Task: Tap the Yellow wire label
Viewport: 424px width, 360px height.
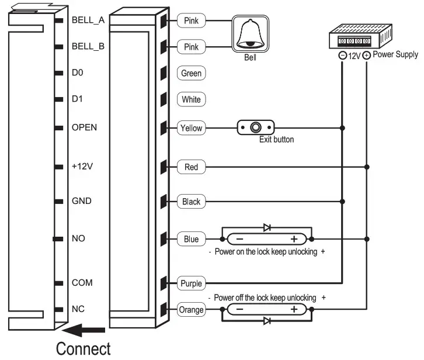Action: click(191, 128)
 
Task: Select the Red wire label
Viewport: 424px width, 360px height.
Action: click(191, 167)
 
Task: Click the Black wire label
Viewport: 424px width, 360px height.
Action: click(191, 202)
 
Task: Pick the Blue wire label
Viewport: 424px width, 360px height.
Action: click(191, 239)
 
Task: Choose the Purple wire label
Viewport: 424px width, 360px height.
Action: click(192, 283)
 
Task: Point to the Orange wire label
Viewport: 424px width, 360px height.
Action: click(192, 310)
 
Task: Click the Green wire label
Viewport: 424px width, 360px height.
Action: click(191, 74)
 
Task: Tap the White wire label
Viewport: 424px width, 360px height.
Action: click(191, 99)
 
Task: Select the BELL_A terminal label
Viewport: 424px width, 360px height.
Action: click(88, 20)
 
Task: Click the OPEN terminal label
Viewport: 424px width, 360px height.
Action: click(85, 127)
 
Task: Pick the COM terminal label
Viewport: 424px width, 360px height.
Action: click(82, 282)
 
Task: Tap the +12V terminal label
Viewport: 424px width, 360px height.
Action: click(82, 167)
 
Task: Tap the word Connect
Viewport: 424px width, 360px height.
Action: click(83, 349)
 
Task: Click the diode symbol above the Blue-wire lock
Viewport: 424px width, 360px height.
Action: click(267, 227)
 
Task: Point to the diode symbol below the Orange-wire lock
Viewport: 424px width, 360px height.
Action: click(267, 321)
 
